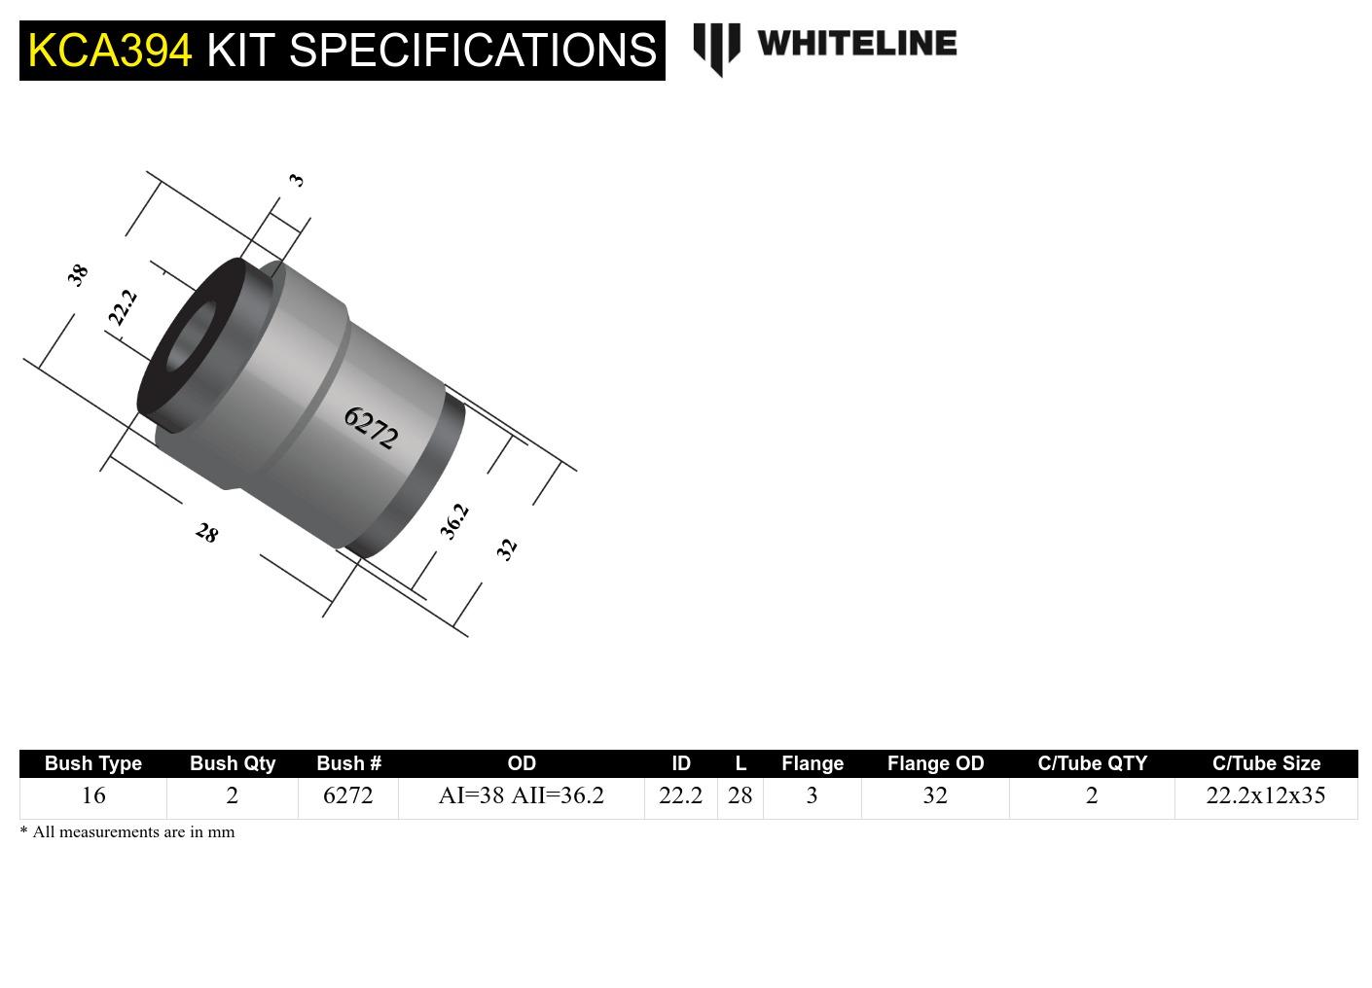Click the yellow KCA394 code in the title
[x=110, y=51]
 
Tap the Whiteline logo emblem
[x=716, y=48]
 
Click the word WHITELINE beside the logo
[x=856, y=43]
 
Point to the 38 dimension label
[x=78, y=274]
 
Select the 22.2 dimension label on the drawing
[x=123, y=307]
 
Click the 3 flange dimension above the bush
[x=297, y=180]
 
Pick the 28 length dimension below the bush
[x=206, y=533]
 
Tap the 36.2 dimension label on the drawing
[x=454, y=521]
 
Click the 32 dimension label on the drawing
[x=506, y=549]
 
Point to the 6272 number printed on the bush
[x=371, y=428]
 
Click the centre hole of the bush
[x=193, y=336]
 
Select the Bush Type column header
[x=93, y=763]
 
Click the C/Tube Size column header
[x=1266, y=763]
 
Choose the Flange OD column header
[x=935, y=763]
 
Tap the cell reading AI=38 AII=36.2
[x=522, y=795]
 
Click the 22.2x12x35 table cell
[x=1265, y=795]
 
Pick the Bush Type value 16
[x=93, y=795]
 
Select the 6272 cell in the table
[x=347, y=795]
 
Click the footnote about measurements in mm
[x=127, y=832]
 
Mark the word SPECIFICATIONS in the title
[x=473, y=51]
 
